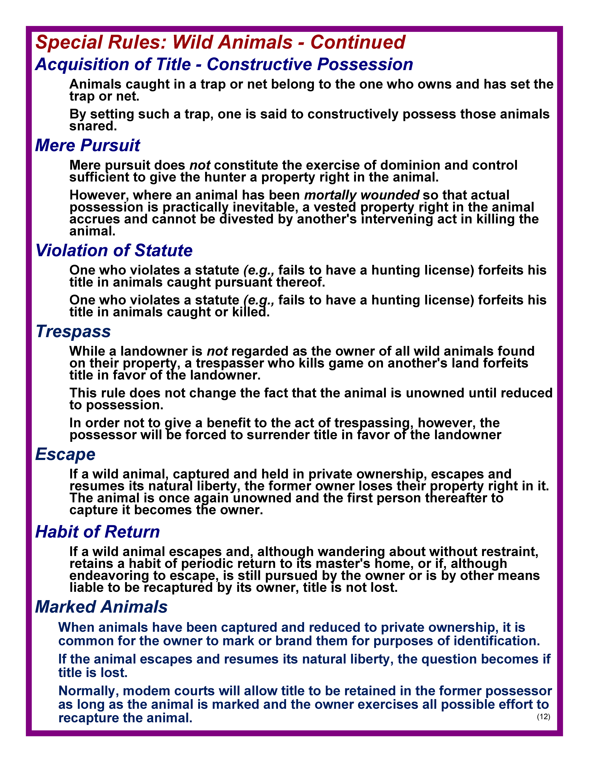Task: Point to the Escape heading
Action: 65,454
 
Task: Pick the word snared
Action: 93,126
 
